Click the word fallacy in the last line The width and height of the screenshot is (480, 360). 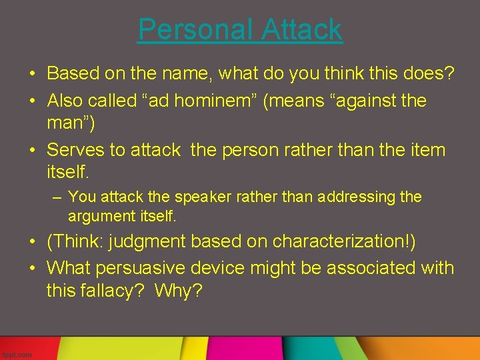[x=110, y=291]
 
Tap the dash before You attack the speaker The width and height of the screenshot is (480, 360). [x=58, y=197]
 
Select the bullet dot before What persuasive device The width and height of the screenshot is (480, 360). [x=32, y=269]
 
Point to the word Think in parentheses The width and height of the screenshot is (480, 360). [x=75, y=241]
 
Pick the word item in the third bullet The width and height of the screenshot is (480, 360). [x=424, y=149]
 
